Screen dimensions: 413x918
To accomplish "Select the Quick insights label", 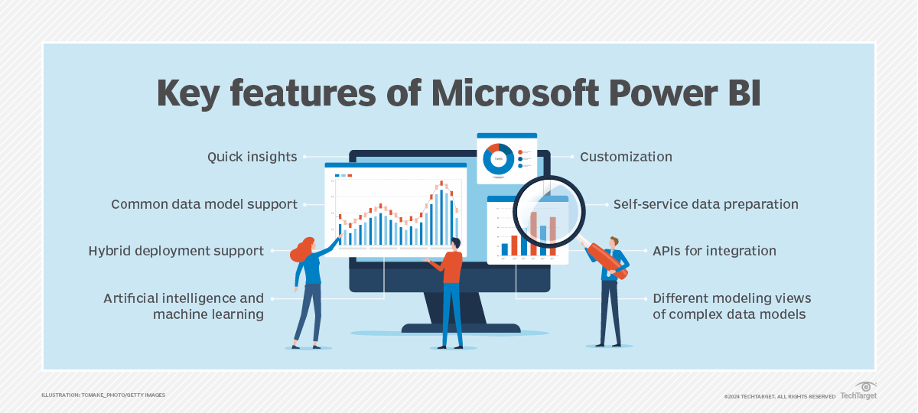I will pyautogui.click(x=252, y=157).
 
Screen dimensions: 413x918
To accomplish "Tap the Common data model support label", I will pyautogui.click(x=203, y=204).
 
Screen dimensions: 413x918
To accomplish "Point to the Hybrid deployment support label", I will pyautogui.click(x=176, y=251).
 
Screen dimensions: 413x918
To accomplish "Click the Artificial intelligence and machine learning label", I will pyautogui.click(x=184, y=306).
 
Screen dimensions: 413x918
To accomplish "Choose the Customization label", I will pyautogui.click(x=626, y=157).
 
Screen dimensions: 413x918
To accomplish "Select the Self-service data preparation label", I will pyautogui.click(x=705, y=204).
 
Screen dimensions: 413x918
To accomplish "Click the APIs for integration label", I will pyautogui.click(x=714, y=251).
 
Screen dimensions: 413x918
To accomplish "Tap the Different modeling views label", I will pyautogui.click(x=731, y=306).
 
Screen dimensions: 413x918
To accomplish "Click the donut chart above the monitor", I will pyautogui.click(x=498, y=158).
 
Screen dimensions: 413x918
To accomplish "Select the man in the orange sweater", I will pyautogui.click(x=451, y=291).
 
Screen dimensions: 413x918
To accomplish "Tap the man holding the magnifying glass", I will pyautogui.click(x=610, y=291).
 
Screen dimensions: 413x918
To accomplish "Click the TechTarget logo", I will pyautogui.click(x=859, y=392).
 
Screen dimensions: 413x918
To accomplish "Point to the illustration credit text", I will pyautogui.click(x=103, y=395).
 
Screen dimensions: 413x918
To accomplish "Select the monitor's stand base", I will pyautogui.click(x=450, y=328).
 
